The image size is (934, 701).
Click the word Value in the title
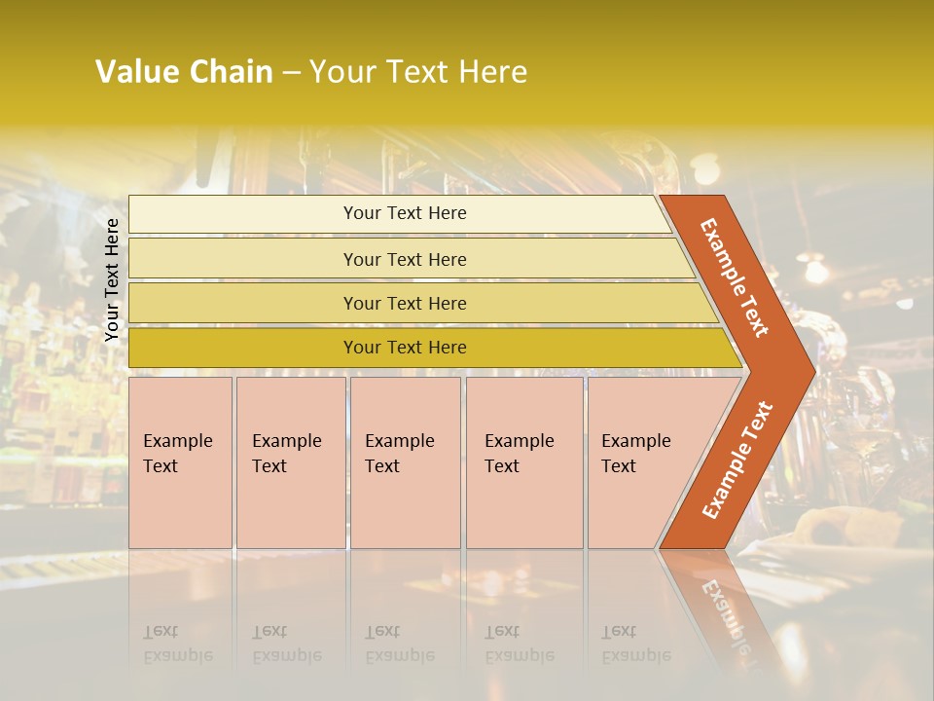(x=135, y=72)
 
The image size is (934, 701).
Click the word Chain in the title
(x=231, y=72)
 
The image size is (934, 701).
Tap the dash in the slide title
(x=291, y=73)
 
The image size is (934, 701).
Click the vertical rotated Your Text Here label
(x=112, y=279)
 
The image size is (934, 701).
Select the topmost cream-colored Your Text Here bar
(x=404, y=213)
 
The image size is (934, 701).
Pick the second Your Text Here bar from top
(x=404, y=259)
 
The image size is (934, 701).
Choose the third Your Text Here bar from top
(x=404, y=303)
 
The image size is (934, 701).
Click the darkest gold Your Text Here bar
(x=404, y=348)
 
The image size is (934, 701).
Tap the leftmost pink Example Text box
(x=180, y=462)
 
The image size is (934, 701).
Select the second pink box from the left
(x=290, y=462)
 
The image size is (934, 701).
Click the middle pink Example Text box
(x=405, y=462)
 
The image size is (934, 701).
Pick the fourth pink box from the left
(x=524, y=462)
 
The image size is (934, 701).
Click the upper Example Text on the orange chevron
(x=735, y=277)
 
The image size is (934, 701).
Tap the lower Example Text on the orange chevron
(x=736, y=460)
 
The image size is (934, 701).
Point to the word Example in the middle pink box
(x=399, y=441)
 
